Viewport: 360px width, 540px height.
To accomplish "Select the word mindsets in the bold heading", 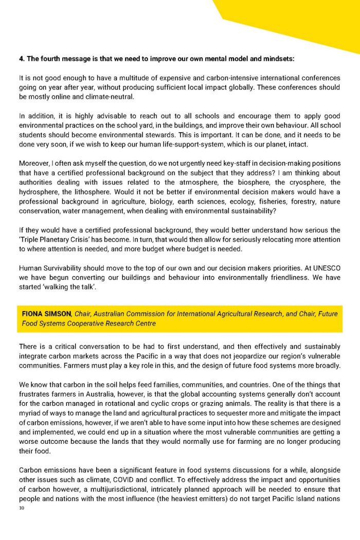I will click(277, 59).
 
